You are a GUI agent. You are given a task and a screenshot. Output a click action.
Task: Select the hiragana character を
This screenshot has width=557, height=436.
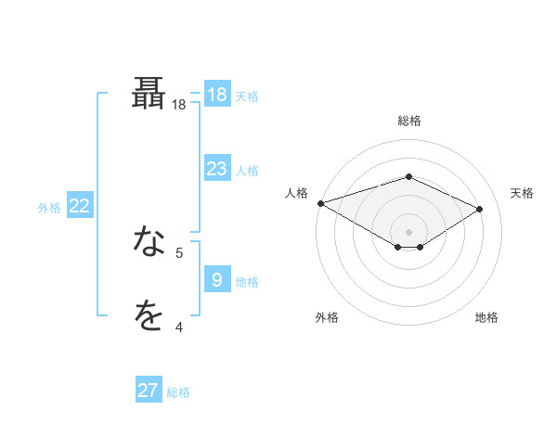149,316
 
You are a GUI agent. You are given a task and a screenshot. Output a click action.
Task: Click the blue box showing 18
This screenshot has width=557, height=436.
216,95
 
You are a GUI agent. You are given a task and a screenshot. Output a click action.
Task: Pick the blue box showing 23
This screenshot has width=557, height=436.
216,169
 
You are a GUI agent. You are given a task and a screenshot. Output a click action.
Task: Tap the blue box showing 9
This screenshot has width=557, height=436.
216,279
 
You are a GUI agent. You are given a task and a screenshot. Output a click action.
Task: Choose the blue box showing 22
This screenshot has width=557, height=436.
79,206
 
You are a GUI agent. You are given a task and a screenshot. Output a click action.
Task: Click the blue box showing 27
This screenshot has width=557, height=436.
149,391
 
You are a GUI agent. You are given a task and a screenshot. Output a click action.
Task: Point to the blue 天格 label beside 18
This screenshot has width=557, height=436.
247,96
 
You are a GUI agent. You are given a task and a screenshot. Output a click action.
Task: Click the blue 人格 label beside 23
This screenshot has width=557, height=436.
247,171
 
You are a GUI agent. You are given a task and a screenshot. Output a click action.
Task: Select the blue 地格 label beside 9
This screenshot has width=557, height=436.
247,281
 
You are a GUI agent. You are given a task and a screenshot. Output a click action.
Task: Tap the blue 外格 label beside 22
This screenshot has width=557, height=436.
49,208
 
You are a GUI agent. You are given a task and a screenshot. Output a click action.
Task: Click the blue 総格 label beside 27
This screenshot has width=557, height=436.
178,392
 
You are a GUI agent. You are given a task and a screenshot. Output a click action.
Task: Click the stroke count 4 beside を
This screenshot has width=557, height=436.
179,327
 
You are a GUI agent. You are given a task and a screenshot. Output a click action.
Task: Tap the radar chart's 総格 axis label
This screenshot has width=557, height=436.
408,121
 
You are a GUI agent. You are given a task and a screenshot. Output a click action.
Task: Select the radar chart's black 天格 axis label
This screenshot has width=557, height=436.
522,193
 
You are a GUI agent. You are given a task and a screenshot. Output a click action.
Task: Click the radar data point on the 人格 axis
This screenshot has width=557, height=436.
320,203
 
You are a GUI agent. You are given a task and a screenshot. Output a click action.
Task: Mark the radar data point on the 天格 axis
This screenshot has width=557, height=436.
480,209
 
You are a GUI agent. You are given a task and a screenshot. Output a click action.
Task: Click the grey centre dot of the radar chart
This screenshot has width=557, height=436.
408,231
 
